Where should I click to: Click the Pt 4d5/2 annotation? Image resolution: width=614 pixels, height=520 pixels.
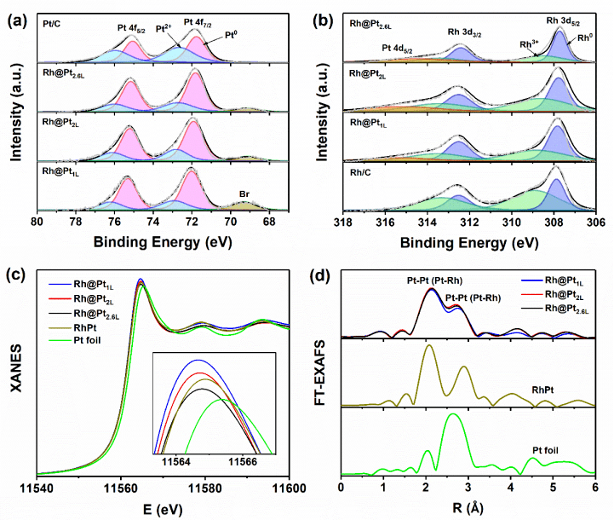point(397,50)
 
